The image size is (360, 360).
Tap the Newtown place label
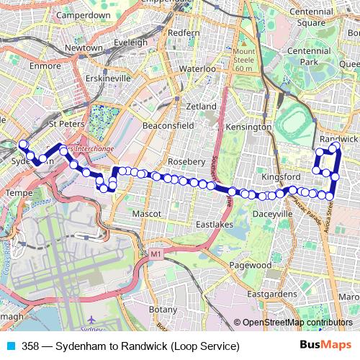click(84, 48)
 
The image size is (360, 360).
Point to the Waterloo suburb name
click(197, 68)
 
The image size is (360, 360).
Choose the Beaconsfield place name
click(168, 125)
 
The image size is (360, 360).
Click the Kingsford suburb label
click(280, 176)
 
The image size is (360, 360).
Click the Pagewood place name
click(250, 265)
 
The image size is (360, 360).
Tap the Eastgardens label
click(271, 294)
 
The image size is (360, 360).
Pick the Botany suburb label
click(162, 309)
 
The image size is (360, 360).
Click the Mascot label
click(147, 214)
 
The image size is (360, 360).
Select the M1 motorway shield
click(156, 254)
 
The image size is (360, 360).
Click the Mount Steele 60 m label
click(244, 60)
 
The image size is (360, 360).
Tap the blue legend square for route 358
click(9, 346)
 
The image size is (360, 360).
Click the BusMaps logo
click(325, 346)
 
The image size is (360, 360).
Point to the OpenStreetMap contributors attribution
click(297, 323)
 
